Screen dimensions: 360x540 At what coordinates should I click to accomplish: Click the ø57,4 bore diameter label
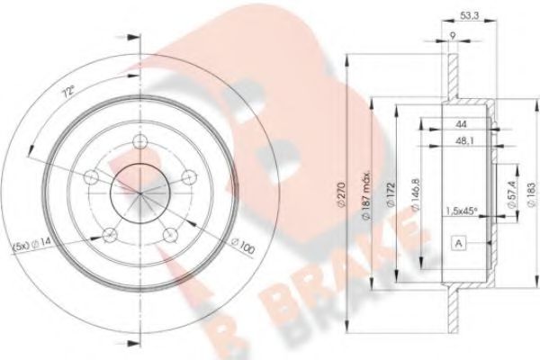click(x=509, y=197)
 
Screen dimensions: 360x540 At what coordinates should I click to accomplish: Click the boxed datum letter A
click(x=460, y=243)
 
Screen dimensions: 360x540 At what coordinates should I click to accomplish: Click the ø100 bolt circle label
click(x=240, y=244)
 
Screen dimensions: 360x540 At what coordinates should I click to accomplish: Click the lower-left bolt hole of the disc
click(x=110, y=234)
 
